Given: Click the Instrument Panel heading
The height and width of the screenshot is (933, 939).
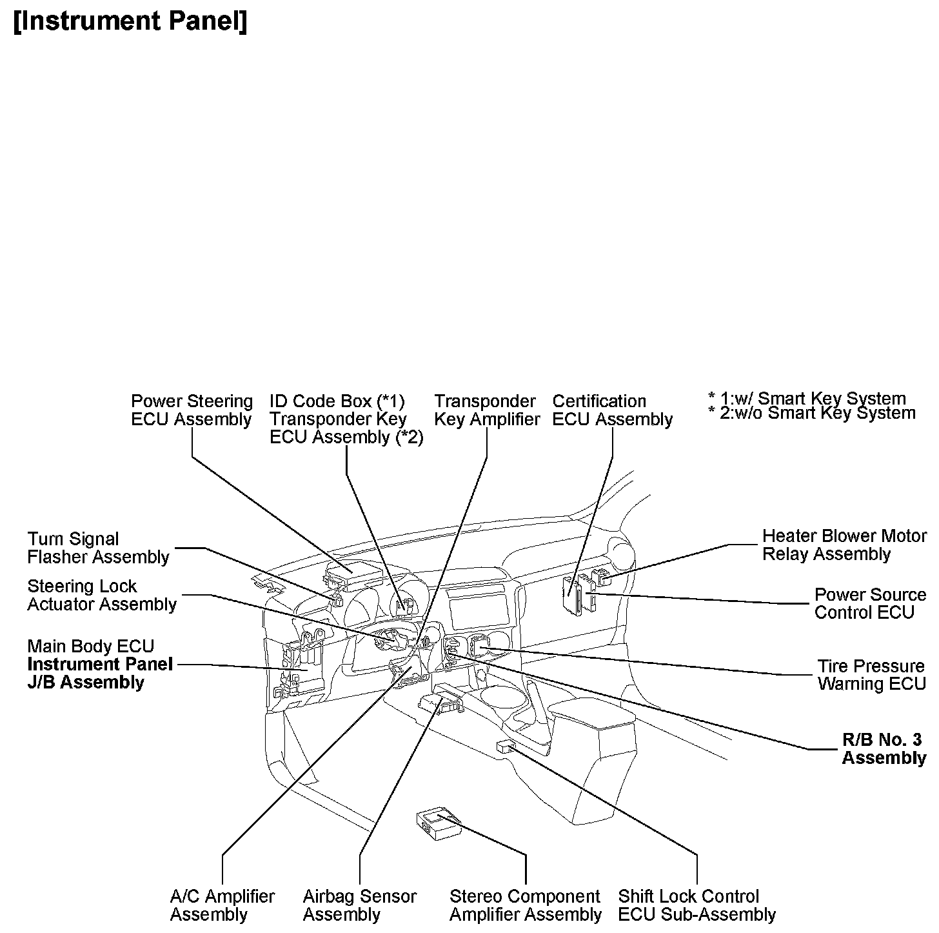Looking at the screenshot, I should (x=130, y=21).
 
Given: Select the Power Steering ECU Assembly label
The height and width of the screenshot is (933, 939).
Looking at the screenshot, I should (x=192, y=410).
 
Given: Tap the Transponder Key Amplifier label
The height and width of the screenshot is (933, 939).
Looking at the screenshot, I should (x=487, y=410).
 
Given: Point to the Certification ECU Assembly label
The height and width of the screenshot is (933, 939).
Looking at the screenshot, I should (x=612, y=410).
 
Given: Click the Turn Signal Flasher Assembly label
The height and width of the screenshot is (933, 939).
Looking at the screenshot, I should (x=98, y=548).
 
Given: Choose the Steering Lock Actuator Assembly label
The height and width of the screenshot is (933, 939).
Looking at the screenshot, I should (x=102, y=595).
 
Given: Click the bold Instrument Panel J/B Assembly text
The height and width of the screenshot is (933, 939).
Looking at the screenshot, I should (x=100, y=673).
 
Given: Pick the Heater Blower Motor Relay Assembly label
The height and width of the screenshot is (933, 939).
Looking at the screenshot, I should (x=844, y=545).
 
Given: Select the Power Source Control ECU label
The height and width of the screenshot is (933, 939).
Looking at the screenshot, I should (x=869, y=603).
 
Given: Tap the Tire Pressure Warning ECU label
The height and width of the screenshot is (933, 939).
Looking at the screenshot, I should (x=871, y=674).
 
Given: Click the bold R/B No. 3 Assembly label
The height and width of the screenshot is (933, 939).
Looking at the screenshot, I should (x=884, y=748).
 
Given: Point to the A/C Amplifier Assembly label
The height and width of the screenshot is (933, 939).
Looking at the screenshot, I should (x=222, y=905).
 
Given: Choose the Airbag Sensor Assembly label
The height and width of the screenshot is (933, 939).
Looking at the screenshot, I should (x=359, y=905).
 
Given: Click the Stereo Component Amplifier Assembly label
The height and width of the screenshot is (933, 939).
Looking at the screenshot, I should (x=525, y=905).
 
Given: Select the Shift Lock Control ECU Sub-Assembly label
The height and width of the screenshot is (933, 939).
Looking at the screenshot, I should (x=697, y=905).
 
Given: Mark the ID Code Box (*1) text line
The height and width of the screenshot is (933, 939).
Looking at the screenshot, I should (x=337, y=401).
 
